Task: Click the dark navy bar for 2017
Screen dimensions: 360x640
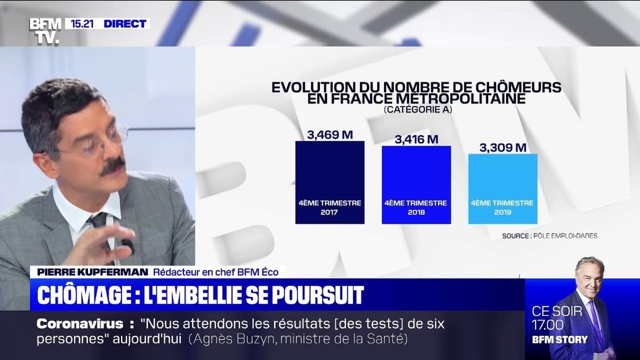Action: click(330, 181)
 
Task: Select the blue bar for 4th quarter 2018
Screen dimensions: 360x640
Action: click(416, 184)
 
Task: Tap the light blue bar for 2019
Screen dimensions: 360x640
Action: click(502, 188)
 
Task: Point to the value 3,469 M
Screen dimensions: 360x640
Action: click(330, 135)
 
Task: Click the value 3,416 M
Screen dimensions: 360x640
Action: click(416, 140)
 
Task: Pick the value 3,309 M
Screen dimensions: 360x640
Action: click(502, 148)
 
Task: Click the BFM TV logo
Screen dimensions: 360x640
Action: click(45, 30)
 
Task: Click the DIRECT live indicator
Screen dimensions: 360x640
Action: click(124, 23)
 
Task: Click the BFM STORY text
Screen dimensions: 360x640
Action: click(559, 340)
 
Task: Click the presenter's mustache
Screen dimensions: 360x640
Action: click(113, 166)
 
